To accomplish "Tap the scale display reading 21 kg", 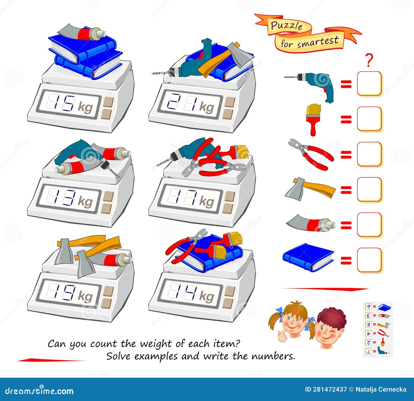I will click(190, 103).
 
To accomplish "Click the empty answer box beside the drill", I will click(369, 84).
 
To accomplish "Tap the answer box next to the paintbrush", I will click(369, 119).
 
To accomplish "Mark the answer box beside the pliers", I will click(369, 154).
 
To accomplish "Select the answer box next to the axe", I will click(369, 190).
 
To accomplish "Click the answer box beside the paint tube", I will click(369, 225).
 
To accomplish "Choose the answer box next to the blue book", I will click(369, 260).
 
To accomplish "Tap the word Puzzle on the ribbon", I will click(287, 26).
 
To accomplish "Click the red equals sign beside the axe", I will click(346, 190).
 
